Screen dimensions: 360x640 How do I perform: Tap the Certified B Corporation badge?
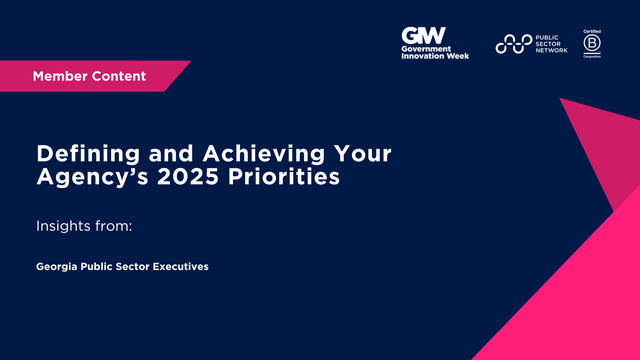(592, 43)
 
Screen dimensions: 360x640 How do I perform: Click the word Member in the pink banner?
(61, 76)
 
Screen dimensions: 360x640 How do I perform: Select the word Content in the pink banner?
(120, 76)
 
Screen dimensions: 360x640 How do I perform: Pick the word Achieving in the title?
(217, 156)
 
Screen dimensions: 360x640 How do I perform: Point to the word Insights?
(62, 227)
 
